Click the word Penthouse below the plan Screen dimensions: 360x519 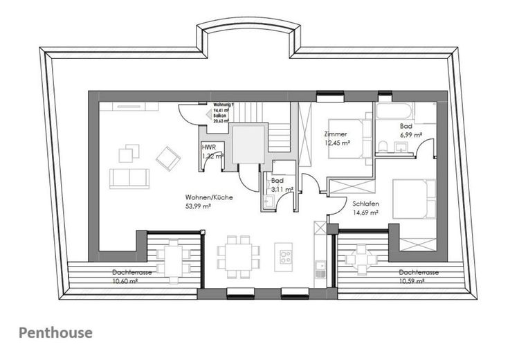(55, 332)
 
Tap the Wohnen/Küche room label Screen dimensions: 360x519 (208, 197)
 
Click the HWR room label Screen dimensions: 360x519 (208, 147)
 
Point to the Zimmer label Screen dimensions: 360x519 (336, 134)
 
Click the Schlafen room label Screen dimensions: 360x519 (364, 204)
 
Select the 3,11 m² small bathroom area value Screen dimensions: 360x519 (282, 188)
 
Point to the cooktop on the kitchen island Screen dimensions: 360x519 (284, 260)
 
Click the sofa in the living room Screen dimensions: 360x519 (129, 178)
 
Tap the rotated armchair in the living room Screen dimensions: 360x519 (167, 158)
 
